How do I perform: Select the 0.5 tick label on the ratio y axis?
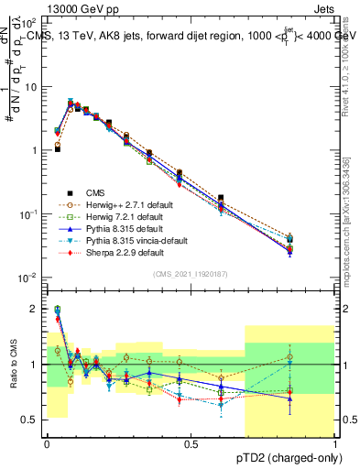[31, 420]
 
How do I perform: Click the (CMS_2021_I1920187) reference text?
[191, 275]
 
